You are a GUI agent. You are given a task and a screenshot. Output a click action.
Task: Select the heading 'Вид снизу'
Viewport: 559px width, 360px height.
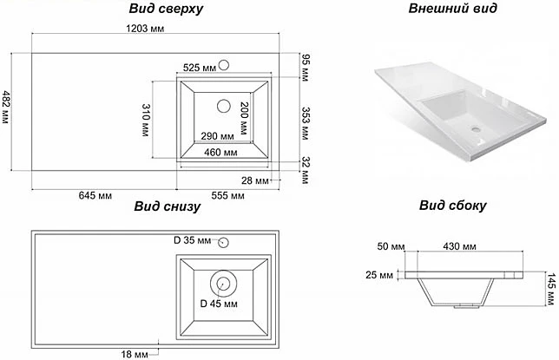pyautogui.click(x=168, y=206)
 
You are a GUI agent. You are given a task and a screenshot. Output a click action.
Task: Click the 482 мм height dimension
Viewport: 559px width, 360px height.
pyautogui.click(x=7, y=109)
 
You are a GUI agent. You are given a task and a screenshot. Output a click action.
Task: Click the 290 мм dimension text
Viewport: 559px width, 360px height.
pyautogui.click(x=217, y=136)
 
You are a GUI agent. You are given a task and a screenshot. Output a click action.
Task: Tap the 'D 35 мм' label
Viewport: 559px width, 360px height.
pyautogui.click(x=192, y=240)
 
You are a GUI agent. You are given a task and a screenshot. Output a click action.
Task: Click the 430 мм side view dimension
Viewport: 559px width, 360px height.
pyautogui.click(x=461, y=247)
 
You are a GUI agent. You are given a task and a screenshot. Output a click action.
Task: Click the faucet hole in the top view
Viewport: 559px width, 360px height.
pyautogui.click(x=224, y=64)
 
